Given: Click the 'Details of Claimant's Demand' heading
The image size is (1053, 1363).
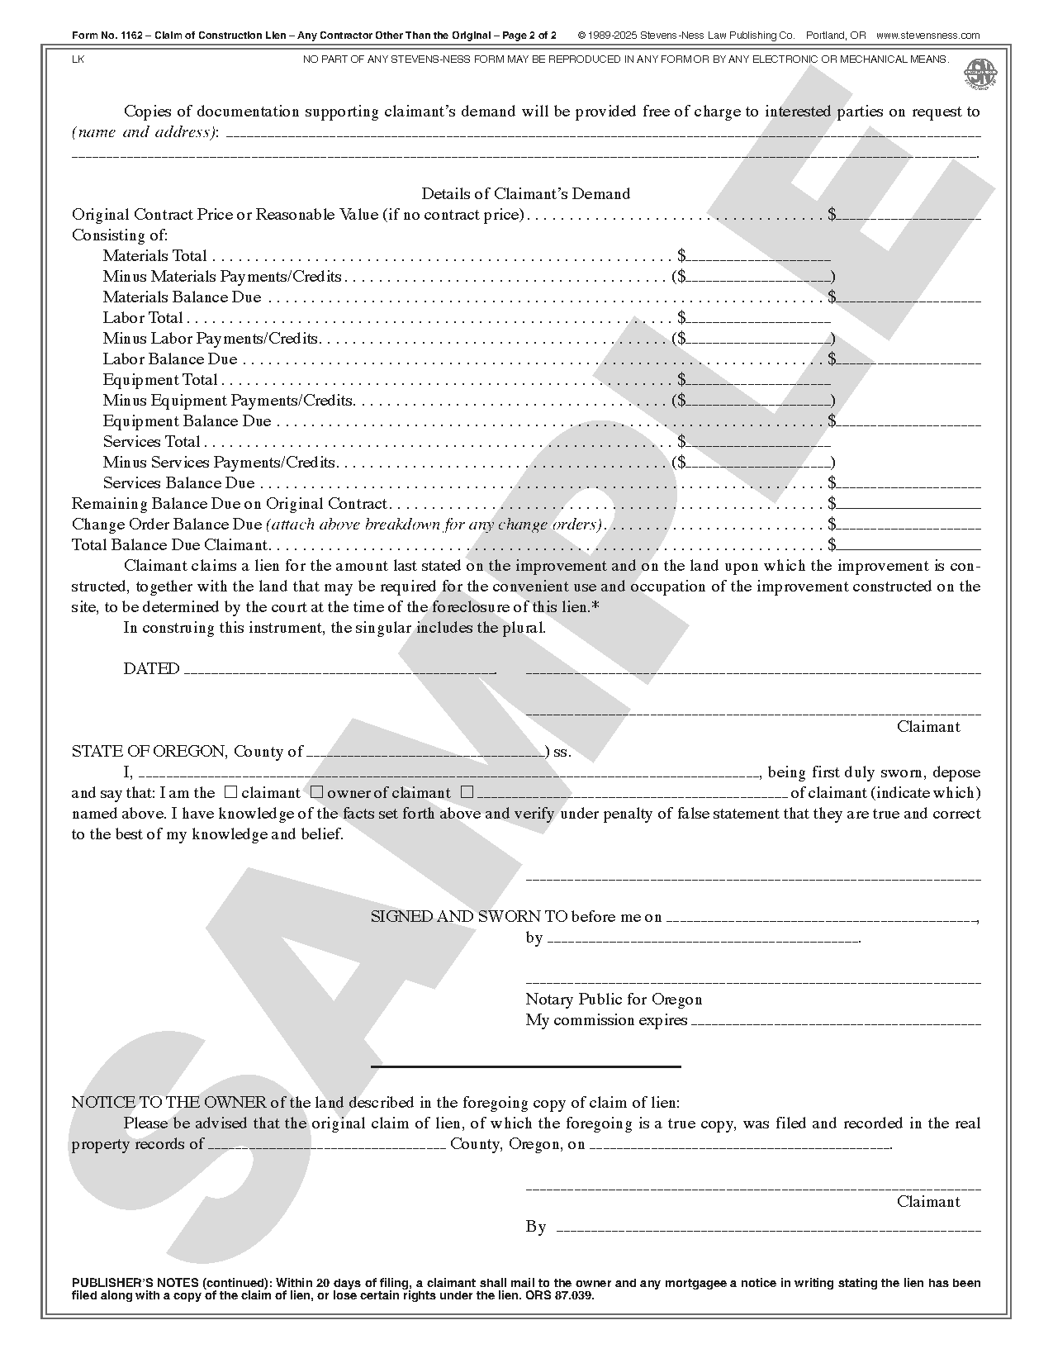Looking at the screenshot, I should [525, 194].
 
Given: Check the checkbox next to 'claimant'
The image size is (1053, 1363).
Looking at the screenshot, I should [231, 791].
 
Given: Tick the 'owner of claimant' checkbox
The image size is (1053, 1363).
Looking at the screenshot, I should [316, 791].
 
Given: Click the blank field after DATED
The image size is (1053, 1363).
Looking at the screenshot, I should [339, 670].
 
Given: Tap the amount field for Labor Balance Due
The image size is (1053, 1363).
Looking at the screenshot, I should [908, 360].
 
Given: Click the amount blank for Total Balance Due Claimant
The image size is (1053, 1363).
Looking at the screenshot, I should [908, 546].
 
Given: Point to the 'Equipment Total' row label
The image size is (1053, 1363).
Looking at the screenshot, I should [160, 380].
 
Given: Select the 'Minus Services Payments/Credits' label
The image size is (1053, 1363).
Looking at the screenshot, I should [219, 463].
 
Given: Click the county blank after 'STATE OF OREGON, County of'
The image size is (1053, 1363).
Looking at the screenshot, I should [425, 753].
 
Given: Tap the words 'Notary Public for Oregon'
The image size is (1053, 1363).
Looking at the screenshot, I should [614, 1000].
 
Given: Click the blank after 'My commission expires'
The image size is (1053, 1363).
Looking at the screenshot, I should [835, 1021].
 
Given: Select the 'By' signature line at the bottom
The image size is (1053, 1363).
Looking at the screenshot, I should [768, 1228].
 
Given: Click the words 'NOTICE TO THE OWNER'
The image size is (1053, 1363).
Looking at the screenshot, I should [168, 1103].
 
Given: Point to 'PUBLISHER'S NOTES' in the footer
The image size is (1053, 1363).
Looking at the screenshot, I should [135, 1283].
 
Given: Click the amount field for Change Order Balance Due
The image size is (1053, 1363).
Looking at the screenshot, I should [908, 525].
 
